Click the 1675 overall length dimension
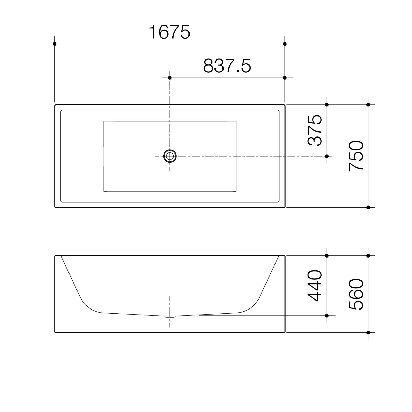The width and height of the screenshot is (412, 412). click(x=169, y=32)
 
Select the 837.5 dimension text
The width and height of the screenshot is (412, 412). click(x=227, y=66)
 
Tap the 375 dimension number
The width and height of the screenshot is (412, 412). click(x=315, y=130)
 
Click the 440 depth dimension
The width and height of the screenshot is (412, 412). click(x=315, y=286)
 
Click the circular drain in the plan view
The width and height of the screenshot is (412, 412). click(x=170, y=156)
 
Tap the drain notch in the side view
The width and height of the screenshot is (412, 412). click(x=170, y=316)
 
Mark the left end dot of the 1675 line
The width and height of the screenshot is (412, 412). click(x=55, y=44)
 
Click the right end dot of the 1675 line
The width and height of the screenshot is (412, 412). click(x=285, y=44)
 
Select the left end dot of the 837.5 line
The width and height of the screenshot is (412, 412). click(x=170, y=78)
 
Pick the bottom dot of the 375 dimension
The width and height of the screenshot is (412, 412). click(x=327, y=156)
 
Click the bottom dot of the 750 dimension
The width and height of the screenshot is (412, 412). click(x=368, y=207)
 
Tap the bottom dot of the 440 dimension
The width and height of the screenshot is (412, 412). click(x=327, y=315)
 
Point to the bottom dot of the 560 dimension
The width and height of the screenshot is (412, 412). click(x=368, y=333)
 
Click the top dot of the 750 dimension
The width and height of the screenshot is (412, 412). click(x=368, y=105)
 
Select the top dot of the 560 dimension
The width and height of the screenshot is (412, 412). click(x=368, y=256)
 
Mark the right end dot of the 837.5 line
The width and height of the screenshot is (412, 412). click(x=285, y=78)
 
